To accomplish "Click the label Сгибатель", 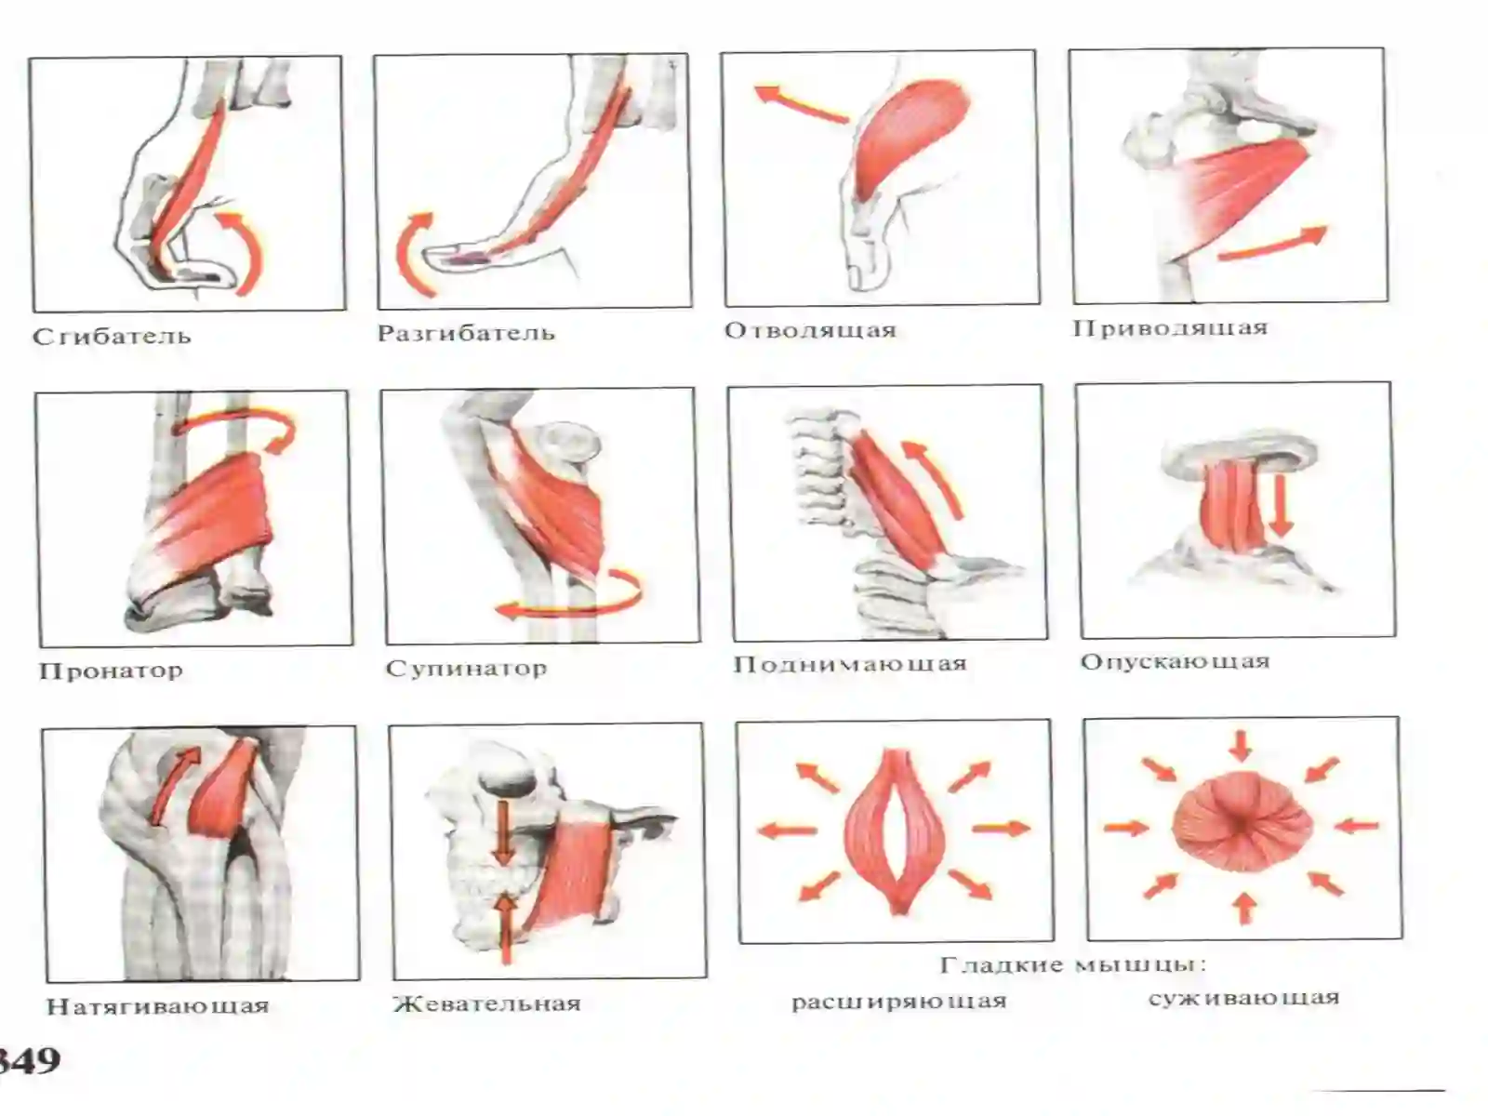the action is [x=113, y=336].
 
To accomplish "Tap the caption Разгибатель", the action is [x=467, y=333].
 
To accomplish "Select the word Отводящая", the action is [x=811, y=331].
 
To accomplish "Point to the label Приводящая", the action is [x=1170, y=328].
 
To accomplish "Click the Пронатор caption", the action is [x=112, y=671].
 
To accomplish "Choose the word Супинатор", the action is [x=467, y=669].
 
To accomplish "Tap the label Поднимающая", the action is [x=850, y=664].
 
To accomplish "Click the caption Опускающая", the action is [x=1176, y=661].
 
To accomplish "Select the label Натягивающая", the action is [x=158, y=1006].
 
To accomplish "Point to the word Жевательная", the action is [x=487, y=1003].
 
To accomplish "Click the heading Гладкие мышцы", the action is [x=1074, y=965].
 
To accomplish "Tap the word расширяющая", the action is [x=899, y=1002].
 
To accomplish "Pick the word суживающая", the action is [x=1244, y=999].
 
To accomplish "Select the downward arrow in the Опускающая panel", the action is [x=1280, y=508].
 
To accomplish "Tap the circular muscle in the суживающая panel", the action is [x=1242, y=824].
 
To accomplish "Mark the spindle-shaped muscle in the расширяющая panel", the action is [x=897, y=830].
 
